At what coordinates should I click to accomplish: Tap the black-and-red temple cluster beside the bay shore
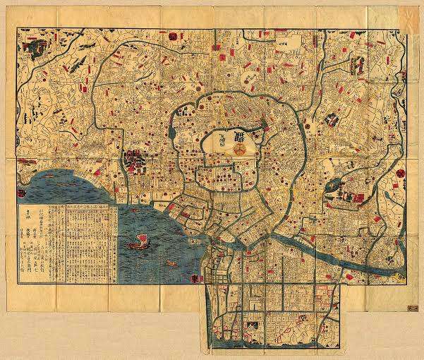[x=134, y=160]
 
